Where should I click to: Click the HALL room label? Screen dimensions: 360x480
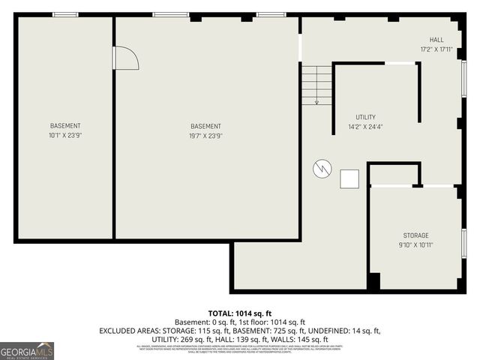coord(436,40)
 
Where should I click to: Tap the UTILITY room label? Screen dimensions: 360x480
coord(365,117)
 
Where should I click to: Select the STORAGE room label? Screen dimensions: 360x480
coord(415,235)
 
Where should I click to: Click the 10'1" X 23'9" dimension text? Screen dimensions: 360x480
coord(65,136)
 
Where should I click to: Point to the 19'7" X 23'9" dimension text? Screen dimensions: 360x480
coord(205,136)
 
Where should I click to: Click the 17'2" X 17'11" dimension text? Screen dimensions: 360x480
coord(436,49)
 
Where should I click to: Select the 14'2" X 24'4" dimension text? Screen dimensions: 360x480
coord(365,127)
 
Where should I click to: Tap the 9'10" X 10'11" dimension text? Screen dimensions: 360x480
coord(415,244)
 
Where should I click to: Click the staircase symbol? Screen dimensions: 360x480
coord(316,84)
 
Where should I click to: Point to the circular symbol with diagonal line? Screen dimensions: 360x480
coord(321,169)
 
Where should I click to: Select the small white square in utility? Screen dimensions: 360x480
coord(349,178)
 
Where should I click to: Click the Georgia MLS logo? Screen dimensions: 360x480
coord(27,350)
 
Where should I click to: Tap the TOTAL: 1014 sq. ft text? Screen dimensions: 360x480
coord(240,313)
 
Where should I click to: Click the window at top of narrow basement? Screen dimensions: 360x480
coord(65,14)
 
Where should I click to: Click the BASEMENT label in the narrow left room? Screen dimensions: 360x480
coord(65,126)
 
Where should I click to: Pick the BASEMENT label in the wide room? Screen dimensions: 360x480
coord(205,126)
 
